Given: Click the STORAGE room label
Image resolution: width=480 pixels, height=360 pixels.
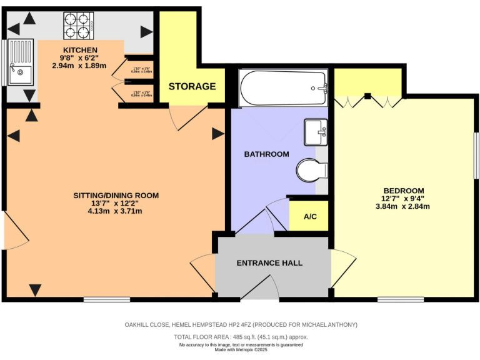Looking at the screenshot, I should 192,86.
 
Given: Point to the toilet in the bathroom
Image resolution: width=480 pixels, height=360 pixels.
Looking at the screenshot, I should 311,170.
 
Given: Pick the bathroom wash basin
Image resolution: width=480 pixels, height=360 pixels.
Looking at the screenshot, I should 316,131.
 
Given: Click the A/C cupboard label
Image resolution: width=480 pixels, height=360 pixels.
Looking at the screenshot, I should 309,217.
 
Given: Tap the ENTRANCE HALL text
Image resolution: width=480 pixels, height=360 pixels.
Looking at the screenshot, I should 269,263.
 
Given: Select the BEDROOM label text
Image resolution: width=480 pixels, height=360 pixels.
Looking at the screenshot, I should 404,191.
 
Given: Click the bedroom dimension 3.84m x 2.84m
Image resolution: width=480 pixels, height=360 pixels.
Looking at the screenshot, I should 404,206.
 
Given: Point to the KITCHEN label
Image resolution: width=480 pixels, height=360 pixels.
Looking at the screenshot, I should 79,50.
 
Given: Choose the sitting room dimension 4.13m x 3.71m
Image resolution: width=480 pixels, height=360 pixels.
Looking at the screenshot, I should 115,211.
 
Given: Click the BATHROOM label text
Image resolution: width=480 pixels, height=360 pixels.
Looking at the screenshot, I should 266,154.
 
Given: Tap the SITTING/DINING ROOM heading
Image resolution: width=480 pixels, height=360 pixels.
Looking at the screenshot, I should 116,195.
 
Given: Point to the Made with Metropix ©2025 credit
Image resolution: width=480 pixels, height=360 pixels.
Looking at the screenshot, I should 241,350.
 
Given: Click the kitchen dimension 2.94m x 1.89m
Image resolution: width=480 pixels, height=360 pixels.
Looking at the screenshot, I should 79,65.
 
